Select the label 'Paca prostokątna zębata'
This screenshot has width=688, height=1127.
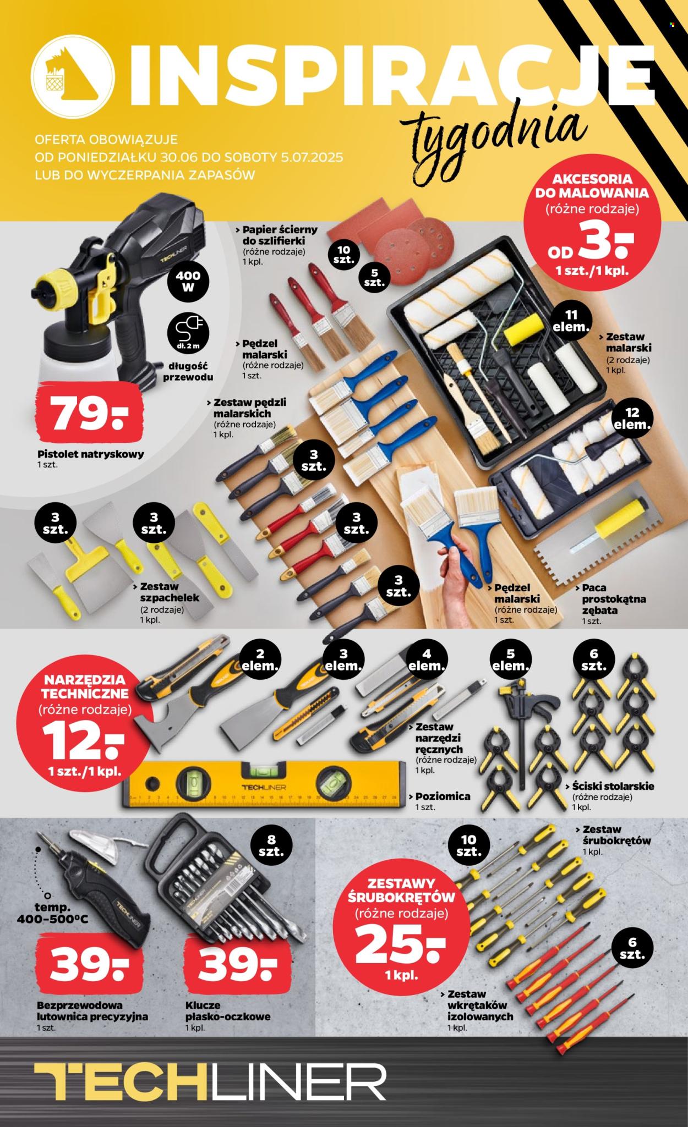(x=606, y=603)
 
